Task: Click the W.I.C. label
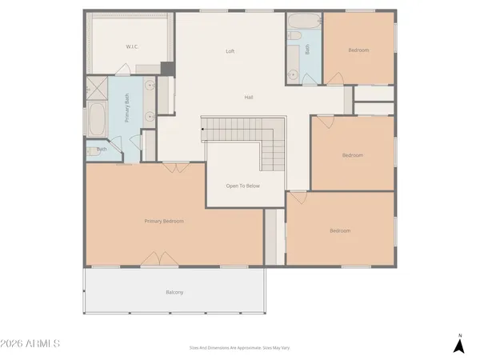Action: [132, 47]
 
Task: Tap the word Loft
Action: [230, 51]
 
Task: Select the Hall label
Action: [249, 98]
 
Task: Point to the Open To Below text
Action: [242, 186]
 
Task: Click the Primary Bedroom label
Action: [164, 221]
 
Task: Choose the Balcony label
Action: [174, 292]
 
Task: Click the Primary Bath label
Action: [126, 109]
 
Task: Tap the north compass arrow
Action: [458, 345]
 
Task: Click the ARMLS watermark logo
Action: [30, 344]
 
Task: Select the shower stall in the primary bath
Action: [96, 87]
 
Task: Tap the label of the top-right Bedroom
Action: [358, 50]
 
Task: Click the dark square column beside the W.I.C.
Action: [167, 69]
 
